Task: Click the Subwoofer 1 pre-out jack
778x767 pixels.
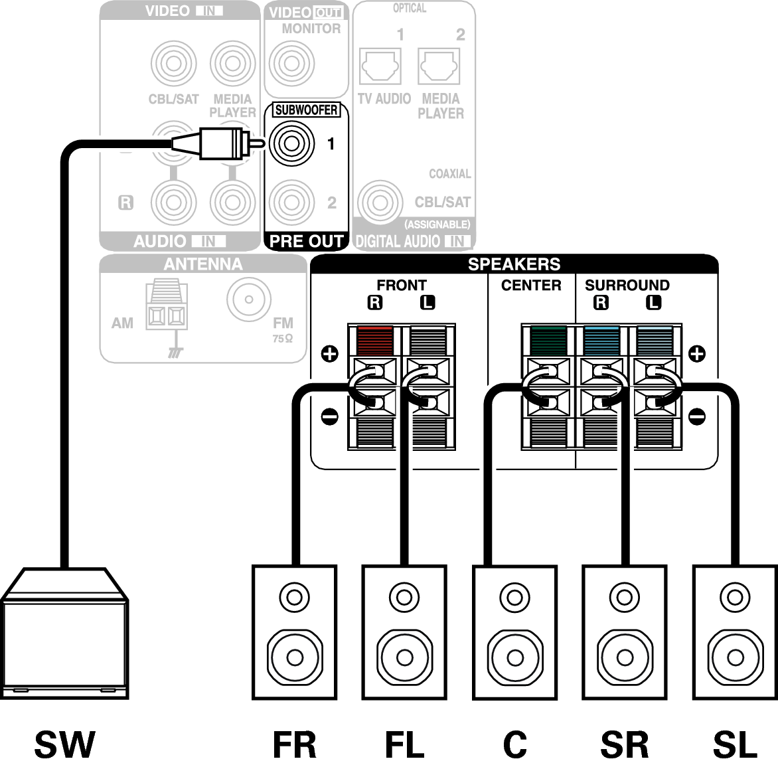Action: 292,143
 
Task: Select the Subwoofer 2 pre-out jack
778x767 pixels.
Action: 292,202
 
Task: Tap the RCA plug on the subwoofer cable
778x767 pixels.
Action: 218,143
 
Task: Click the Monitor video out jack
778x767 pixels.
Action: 292,64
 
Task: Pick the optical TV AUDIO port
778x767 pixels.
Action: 380,66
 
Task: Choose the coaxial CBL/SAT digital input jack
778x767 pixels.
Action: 380,203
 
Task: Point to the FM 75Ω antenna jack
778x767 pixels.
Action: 249,299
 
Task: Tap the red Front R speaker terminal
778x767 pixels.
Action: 375,340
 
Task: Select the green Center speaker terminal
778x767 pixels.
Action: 548,341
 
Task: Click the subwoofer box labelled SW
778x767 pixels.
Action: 64,634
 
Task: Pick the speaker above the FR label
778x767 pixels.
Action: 295,632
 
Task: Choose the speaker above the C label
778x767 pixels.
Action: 515,632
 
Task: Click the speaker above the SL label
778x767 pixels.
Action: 736,632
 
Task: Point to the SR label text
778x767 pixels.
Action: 625,744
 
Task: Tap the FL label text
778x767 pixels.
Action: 405,744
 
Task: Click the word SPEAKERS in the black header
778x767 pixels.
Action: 514,264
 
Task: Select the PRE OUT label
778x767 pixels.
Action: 306,241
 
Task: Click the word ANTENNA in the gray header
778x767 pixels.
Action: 203,264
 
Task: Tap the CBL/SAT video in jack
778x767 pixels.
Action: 174,64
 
